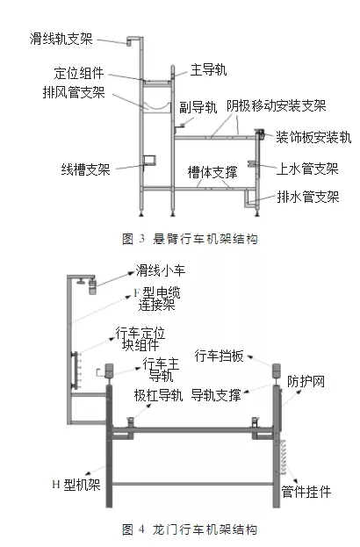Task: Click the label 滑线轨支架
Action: point(61,39)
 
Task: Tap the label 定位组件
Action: point(79,73)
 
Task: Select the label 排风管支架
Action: point(74,93)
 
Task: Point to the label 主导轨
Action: point(209,69)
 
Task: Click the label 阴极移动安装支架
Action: point(277,106)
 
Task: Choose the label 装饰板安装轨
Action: point(313,138)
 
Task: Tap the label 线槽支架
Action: point(86,169)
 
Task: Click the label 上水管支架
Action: point(307,169)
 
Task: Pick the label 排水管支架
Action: point(308,197)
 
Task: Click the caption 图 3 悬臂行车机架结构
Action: point(191,240)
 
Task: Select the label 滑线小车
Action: point(161,270)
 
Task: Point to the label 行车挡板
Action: point(219,356)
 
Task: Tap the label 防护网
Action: point(306,382)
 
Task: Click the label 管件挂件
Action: point(306,492)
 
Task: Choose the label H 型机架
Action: point(76,485)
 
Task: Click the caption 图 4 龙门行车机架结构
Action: point(191,529)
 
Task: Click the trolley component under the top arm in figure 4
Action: point(91,285)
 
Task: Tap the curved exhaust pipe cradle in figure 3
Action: point(157,106)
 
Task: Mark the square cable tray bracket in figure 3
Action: point(149,160)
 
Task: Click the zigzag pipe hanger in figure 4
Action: point(284,457)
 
